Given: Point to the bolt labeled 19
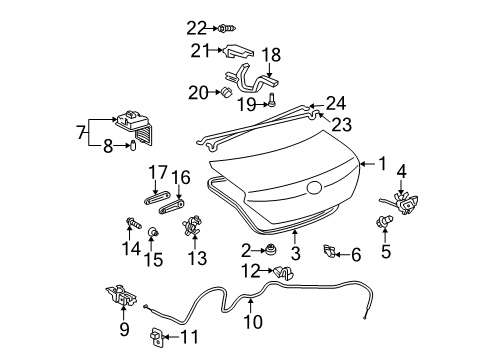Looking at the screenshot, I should pos(272,100).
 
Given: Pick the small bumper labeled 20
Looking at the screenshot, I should pos(227,93).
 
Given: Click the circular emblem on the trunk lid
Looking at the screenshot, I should pos(314,187).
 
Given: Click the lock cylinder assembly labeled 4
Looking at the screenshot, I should pos(406,201).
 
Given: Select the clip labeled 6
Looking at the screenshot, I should pos(330,248).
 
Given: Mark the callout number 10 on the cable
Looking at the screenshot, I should pos(251,322).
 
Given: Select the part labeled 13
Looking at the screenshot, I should pos(194,230).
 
